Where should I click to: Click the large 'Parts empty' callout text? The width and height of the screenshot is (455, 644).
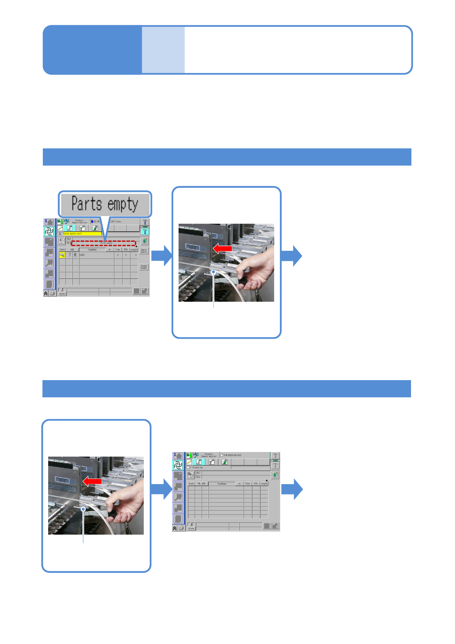tap(105, 204)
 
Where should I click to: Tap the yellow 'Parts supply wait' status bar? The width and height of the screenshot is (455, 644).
tap(80, 233)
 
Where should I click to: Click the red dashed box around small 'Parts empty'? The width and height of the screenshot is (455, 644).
tap(104, 243)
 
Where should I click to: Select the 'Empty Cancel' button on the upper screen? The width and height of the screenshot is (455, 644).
tap(144, 251)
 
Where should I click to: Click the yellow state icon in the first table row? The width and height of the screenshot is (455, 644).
tap(62, 255)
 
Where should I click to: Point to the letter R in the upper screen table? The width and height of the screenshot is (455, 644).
tap(75, 255)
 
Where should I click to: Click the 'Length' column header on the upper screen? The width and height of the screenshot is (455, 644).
tap(134, 249)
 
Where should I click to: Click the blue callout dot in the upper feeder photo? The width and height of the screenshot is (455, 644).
tap(213, 272)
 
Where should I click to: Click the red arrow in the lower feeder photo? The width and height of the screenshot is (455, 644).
tap(92, 481)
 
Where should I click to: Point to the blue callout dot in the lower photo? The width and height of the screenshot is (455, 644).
tap(83, 509)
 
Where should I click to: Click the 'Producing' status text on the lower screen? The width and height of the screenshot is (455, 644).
tap(197, 467)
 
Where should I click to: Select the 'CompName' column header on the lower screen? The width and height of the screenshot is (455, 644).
tap(222, 484)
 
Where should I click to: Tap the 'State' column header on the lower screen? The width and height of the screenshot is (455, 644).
tap(191, 484)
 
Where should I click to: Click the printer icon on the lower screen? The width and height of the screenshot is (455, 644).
tap(181, 528)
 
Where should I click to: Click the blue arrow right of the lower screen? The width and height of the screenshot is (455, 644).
tap(292, 489)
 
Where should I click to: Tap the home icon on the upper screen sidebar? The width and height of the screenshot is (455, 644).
tap(49, 222)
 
